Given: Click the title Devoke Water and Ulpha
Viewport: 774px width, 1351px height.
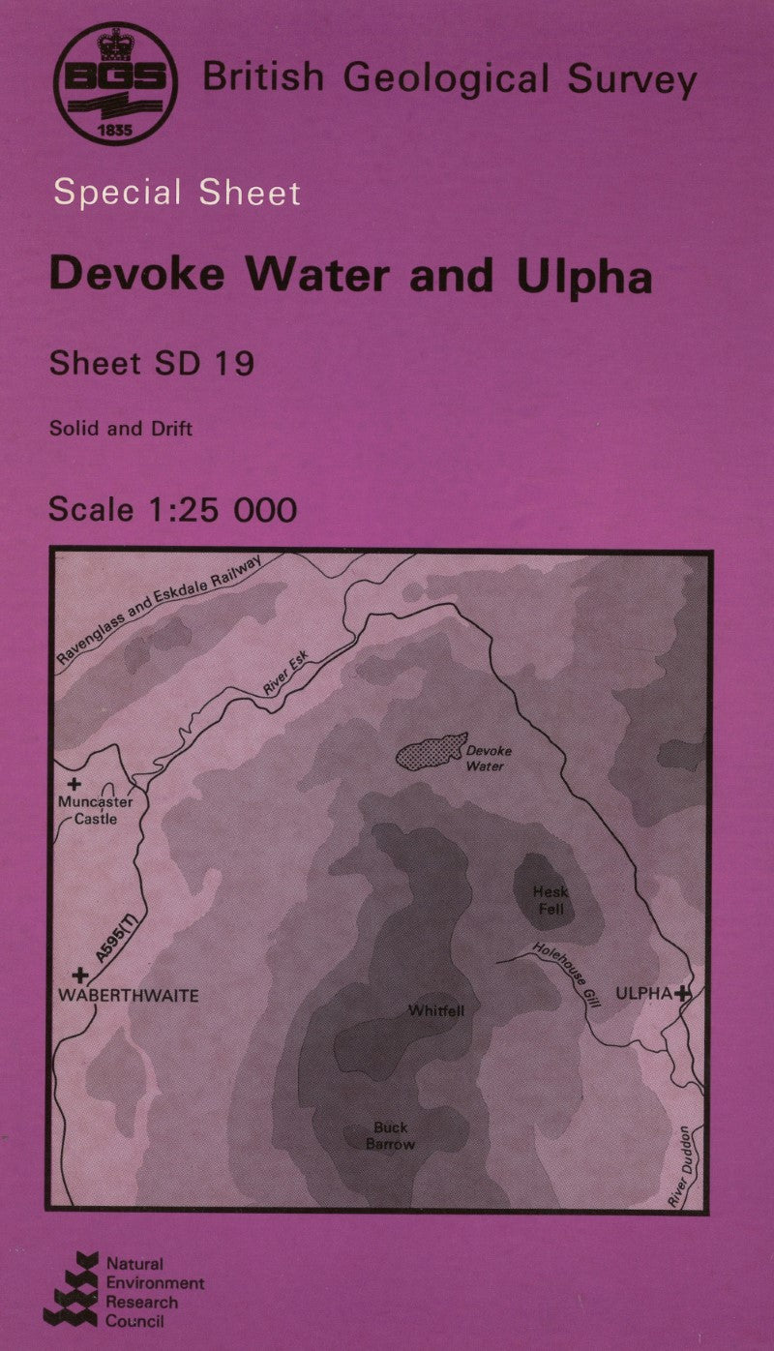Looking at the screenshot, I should (x=350, y=276).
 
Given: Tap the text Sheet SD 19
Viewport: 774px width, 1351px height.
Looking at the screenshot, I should (x=151, y=363).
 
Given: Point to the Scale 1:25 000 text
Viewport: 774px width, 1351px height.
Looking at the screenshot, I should (x=172, y=509).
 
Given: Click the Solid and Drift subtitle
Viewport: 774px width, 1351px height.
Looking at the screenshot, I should (x=121, y=427).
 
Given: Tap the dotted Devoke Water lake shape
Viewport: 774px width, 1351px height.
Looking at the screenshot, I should (x=431, y=752).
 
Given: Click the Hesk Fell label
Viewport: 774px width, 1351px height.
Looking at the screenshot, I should (x=549, y=900).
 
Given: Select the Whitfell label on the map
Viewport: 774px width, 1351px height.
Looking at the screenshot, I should (x=436, y=1011).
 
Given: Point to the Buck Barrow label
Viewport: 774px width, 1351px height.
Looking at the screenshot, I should (x=391, y=1135).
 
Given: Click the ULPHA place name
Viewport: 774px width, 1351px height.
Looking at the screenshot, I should (x=643, y=993).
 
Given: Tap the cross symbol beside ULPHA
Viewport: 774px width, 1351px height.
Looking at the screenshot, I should (x=684, y=993).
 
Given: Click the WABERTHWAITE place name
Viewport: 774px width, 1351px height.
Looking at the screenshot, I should (x=130, y=995).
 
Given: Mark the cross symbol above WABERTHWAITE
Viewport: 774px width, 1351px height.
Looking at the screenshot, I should (x=80, y=976).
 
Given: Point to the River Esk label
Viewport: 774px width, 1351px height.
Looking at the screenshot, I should (x=284, y=673).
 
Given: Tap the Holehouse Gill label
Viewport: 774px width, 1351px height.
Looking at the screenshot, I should (x=567, y=976).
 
